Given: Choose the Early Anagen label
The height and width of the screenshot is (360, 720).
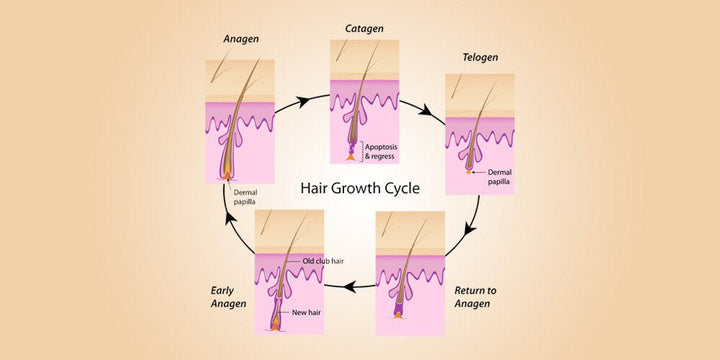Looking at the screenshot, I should (229, 297).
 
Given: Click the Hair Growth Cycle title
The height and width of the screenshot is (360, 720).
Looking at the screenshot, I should (361, 188).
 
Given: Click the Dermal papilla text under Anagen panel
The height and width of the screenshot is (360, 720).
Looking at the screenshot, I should (246, 200).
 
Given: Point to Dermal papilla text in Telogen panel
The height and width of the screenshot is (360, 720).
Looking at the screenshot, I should (497, 177).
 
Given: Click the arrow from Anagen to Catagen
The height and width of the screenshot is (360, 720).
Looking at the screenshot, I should (304, 98).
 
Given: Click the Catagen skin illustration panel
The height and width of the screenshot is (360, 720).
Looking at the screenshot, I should (364, 101).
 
